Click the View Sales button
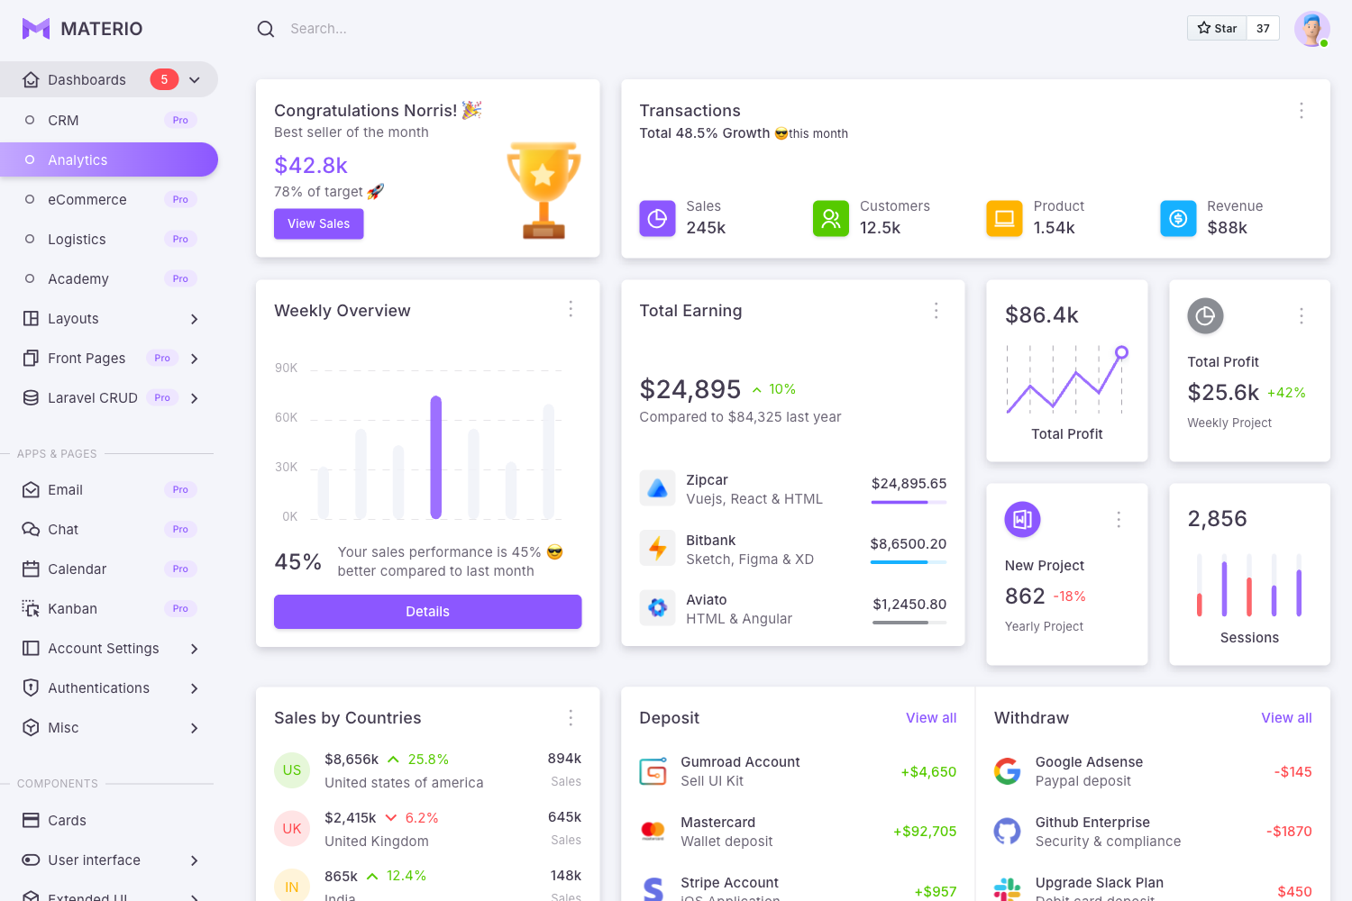click(x=318, y=223)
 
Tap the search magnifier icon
click(x=265, y=29)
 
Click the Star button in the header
click(x=1217, y=28)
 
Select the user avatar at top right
click(x=1311, y=29)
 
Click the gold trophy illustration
click(x=544, y=189)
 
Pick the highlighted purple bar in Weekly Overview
click(x=436, y=457)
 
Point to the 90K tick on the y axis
click(x=286, y=368)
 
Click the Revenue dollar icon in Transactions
click(x=1178, y=218)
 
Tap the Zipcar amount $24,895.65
click(x=909, y=484)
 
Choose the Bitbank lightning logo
click(x=657, y=548)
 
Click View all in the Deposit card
click(x=931, y=718)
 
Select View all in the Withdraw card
click(x=1286, y=718)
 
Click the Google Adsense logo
click(x=1007, y=771)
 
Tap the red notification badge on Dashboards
click(x=164, y=79)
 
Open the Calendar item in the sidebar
click(x=78, y=569)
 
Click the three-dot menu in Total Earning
click(x=936, y=311)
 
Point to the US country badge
click(x=292, y=770)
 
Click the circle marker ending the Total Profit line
click(x=1121, y=352)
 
